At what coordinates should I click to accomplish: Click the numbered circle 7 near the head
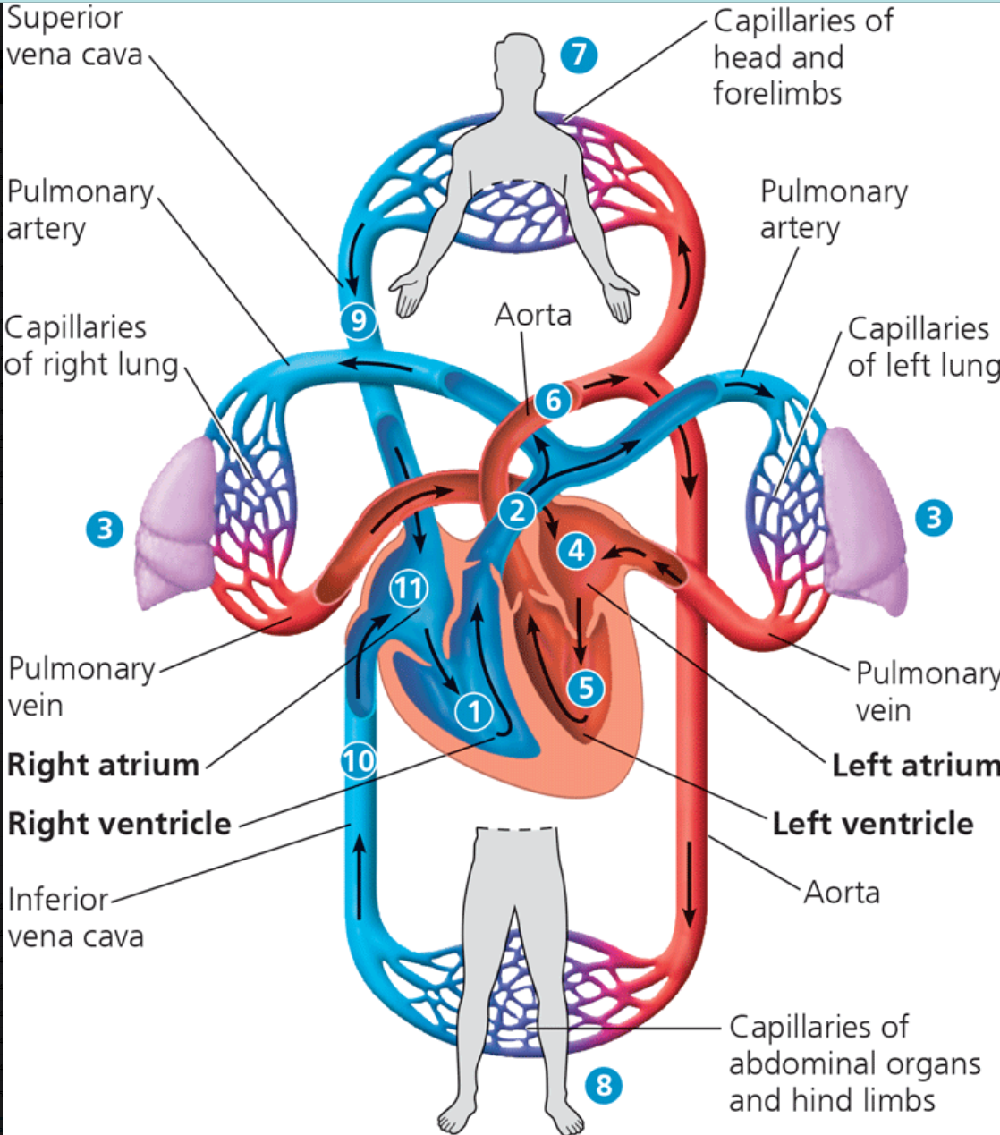pos(579,55)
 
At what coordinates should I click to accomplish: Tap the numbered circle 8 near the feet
pos(604,1085)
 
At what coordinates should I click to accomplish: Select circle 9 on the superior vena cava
pos(358,320)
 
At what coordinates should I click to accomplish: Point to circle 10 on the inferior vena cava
pos(359,760)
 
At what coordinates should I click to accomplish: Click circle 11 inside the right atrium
pos(409,589)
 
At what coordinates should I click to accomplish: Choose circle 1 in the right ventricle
pos(475,712)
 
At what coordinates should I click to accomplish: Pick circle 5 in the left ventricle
pos(586,688)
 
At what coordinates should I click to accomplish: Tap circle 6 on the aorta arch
pos(553,401)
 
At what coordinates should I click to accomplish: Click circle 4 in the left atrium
pos(576,551)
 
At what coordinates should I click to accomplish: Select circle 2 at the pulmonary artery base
pos(516,511)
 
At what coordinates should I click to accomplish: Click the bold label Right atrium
pos(103,765)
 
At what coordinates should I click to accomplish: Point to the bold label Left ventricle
pos(873,824)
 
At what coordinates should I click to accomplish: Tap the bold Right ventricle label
pos(119,824)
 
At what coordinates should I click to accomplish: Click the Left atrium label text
pos(916,766)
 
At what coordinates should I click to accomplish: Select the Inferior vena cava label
pos(76,918)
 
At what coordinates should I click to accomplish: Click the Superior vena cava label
pos(74,37)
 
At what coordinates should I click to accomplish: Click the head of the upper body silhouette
pos(520,56)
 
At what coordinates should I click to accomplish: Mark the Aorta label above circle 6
pos(533,315)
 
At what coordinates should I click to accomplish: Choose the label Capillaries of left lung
pos(923,347)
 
